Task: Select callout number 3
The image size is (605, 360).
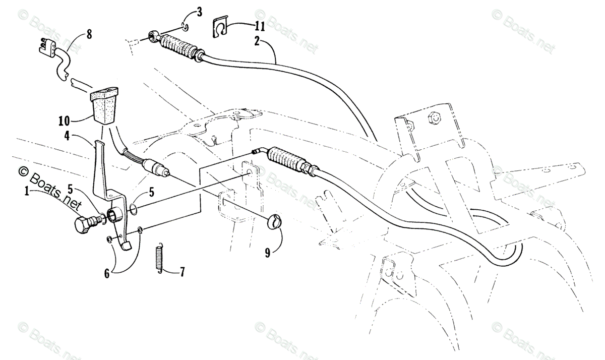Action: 200,12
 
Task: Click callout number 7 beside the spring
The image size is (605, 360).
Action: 181,272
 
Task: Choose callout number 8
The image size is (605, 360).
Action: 89,35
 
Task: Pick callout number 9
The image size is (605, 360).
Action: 268,252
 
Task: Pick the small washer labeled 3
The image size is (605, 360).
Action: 185,26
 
